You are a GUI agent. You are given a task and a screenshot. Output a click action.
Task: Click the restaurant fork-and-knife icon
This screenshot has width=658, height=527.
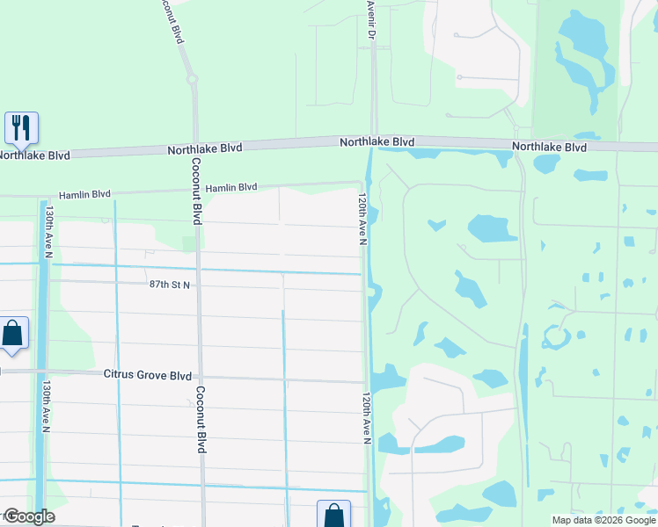(x=21, y=127)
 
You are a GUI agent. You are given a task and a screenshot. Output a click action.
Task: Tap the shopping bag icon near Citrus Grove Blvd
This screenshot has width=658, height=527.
(x=12, y=335)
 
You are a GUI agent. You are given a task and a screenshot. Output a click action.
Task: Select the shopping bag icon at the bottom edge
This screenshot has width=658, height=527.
(x=333, y=516)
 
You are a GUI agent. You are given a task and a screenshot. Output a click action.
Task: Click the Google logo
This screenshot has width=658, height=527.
(x=28, y=516)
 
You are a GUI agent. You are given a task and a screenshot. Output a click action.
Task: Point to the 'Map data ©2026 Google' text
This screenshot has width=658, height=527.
(x=603, y=520)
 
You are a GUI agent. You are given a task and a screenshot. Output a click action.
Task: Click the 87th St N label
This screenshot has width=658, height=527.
(x=170, y=285)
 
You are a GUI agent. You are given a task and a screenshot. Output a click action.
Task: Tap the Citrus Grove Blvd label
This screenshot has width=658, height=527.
(x=147, y=375)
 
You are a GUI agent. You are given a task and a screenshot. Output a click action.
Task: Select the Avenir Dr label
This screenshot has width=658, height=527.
(x=371, y=19)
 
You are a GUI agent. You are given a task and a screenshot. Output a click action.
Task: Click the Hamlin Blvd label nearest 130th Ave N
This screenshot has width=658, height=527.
(x=84, y=194)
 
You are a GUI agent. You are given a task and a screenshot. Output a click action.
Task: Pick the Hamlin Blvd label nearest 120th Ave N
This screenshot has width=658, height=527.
(x=231, y=187)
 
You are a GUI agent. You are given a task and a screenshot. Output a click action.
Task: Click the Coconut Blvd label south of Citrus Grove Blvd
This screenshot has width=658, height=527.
(x=201, y=420)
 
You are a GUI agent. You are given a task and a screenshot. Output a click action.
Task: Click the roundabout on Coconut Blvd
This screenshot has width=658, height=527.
(x=192, y=79)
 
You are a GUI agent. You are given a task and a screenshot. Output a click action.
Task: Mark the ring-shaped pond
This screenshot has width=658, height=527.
(x=556, y=336)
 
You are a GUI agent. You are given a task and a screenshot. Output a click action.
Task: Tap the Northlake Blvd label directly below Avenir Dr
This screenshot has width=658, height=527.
(x=377, y=141)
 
